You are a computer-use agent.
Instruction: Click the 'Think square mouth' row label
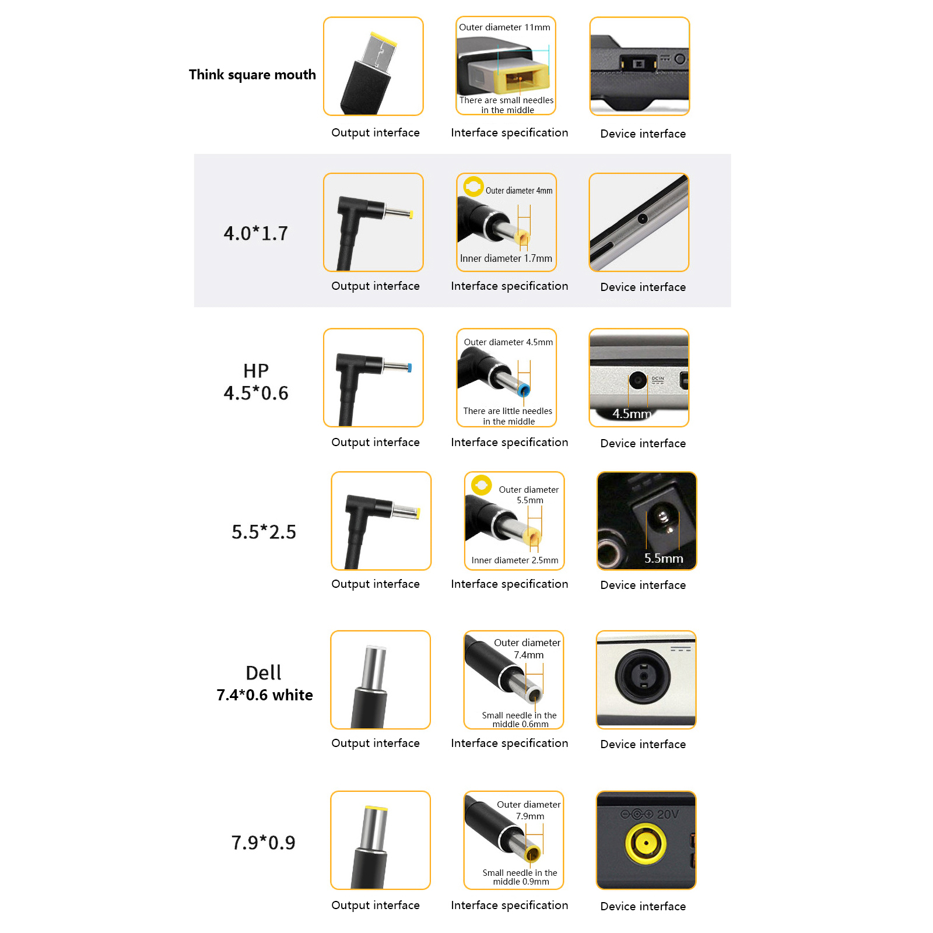pyautogui.click(x=252, y=75)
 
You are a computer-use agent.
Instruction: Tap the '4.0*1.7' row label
pyautogui.click(x=256, y=233)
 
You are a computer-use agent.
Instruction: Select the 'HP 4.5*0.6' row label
pyautogui.click(x=256, y=382)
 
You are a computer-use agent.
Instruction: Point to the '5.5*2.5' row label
pyautogui.click(x=264, y=532)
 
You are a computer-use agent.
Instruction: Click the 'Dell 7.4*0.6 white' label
pyautogui.click(x=264, y=683)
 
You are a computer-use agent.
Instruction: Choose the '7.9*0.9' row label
pyautogui.click(x=264, y=843)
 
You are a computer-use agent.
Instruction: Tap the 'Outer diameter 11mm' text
pyautogui.click(x=504, y=27)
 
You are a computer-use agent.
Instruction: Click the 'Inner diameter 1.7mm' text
pyautogui.click(x=506, y=258)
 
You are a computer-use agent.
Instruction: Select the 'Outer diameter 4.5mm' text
pyautogui.click(x=508, y=342)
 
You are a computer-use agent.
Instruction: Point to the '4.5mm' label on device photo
pyautogui.click(x=632, y=413)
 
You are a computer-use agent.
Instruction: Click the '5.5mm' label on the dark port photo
pyautogui.click(x=664, y=558)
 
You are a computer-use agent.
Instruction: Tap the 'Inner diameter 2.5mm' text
pyautogui.click(x=515, y=560)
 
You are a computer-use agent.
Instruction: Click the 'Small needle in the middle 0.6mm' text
pyautogui.click(x=520, y=720)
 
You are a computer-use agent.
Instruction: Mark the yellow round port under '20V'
pyautogui.click(x=646, y=843)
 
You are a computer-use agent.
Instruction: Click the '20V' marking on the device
pyautogui.click(x=668, y=814)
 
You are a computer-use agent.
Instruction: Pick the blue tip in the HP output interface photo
pyautogui.click(x=409, y=368)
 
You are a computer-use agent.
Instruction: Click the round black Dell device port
pyautogui.click(x=643, y=676)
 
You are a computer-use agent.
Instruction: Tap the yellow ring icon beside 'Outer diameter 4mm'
pyautogui.click(x=473, y=187)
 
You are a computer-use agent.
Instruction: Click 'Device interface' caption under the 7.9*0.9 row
pyautogui.click(x=643, y=906)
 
